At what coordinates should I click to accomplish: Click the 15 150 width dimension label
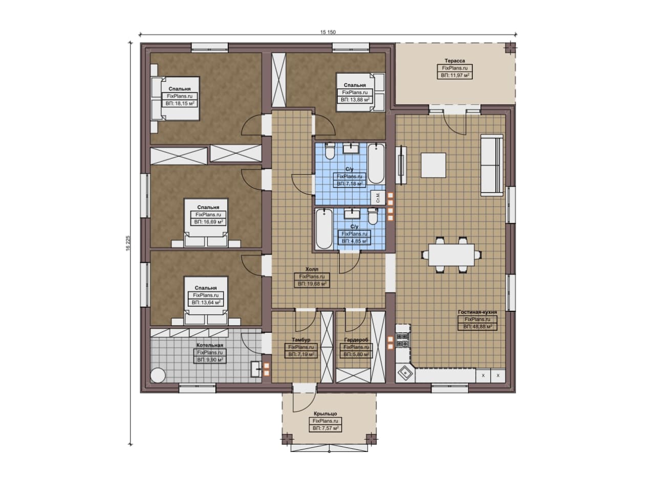coord(327,32)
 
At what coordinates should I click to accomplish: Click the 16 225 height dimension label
coord(128,244)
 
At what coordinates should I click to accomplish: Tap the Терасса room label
coord(455,61)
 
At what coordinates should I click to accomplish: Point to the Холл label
coord(312,269)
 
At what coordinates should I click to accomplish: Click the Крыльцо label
coord(325,414)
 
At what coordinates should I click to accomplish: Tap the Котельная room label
coord(210,345)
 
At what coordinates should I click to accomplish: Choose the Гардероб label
coord(356,340)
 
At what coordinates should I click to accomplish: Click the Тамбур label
coord(301,339)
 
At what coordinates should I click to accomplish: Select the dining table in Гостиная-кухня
coord(451,255)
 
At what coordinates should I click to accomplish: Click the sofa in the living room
coord(492,165)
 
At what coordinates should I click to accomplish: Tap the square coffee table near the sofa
coord(433,165)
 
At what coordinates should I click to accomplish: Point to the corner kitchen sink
coord(405,373)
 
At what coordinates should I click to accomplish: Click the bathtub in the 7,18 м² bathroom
coord(376,163)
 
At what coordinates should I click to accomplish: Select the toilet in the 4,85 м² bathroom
coord(373,216)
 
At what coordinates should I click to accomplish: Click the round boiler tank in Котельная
coord(158,375)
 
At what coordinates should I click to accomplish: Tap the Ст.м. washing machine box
coord(378,197)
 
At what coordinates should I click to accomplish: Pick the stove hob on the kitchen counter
coord(403,340)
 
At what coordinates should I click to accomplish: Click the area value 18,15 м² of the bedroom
coord(180,103)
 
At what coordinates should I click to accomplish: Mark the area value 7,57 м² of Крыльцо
coord(325,428)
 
